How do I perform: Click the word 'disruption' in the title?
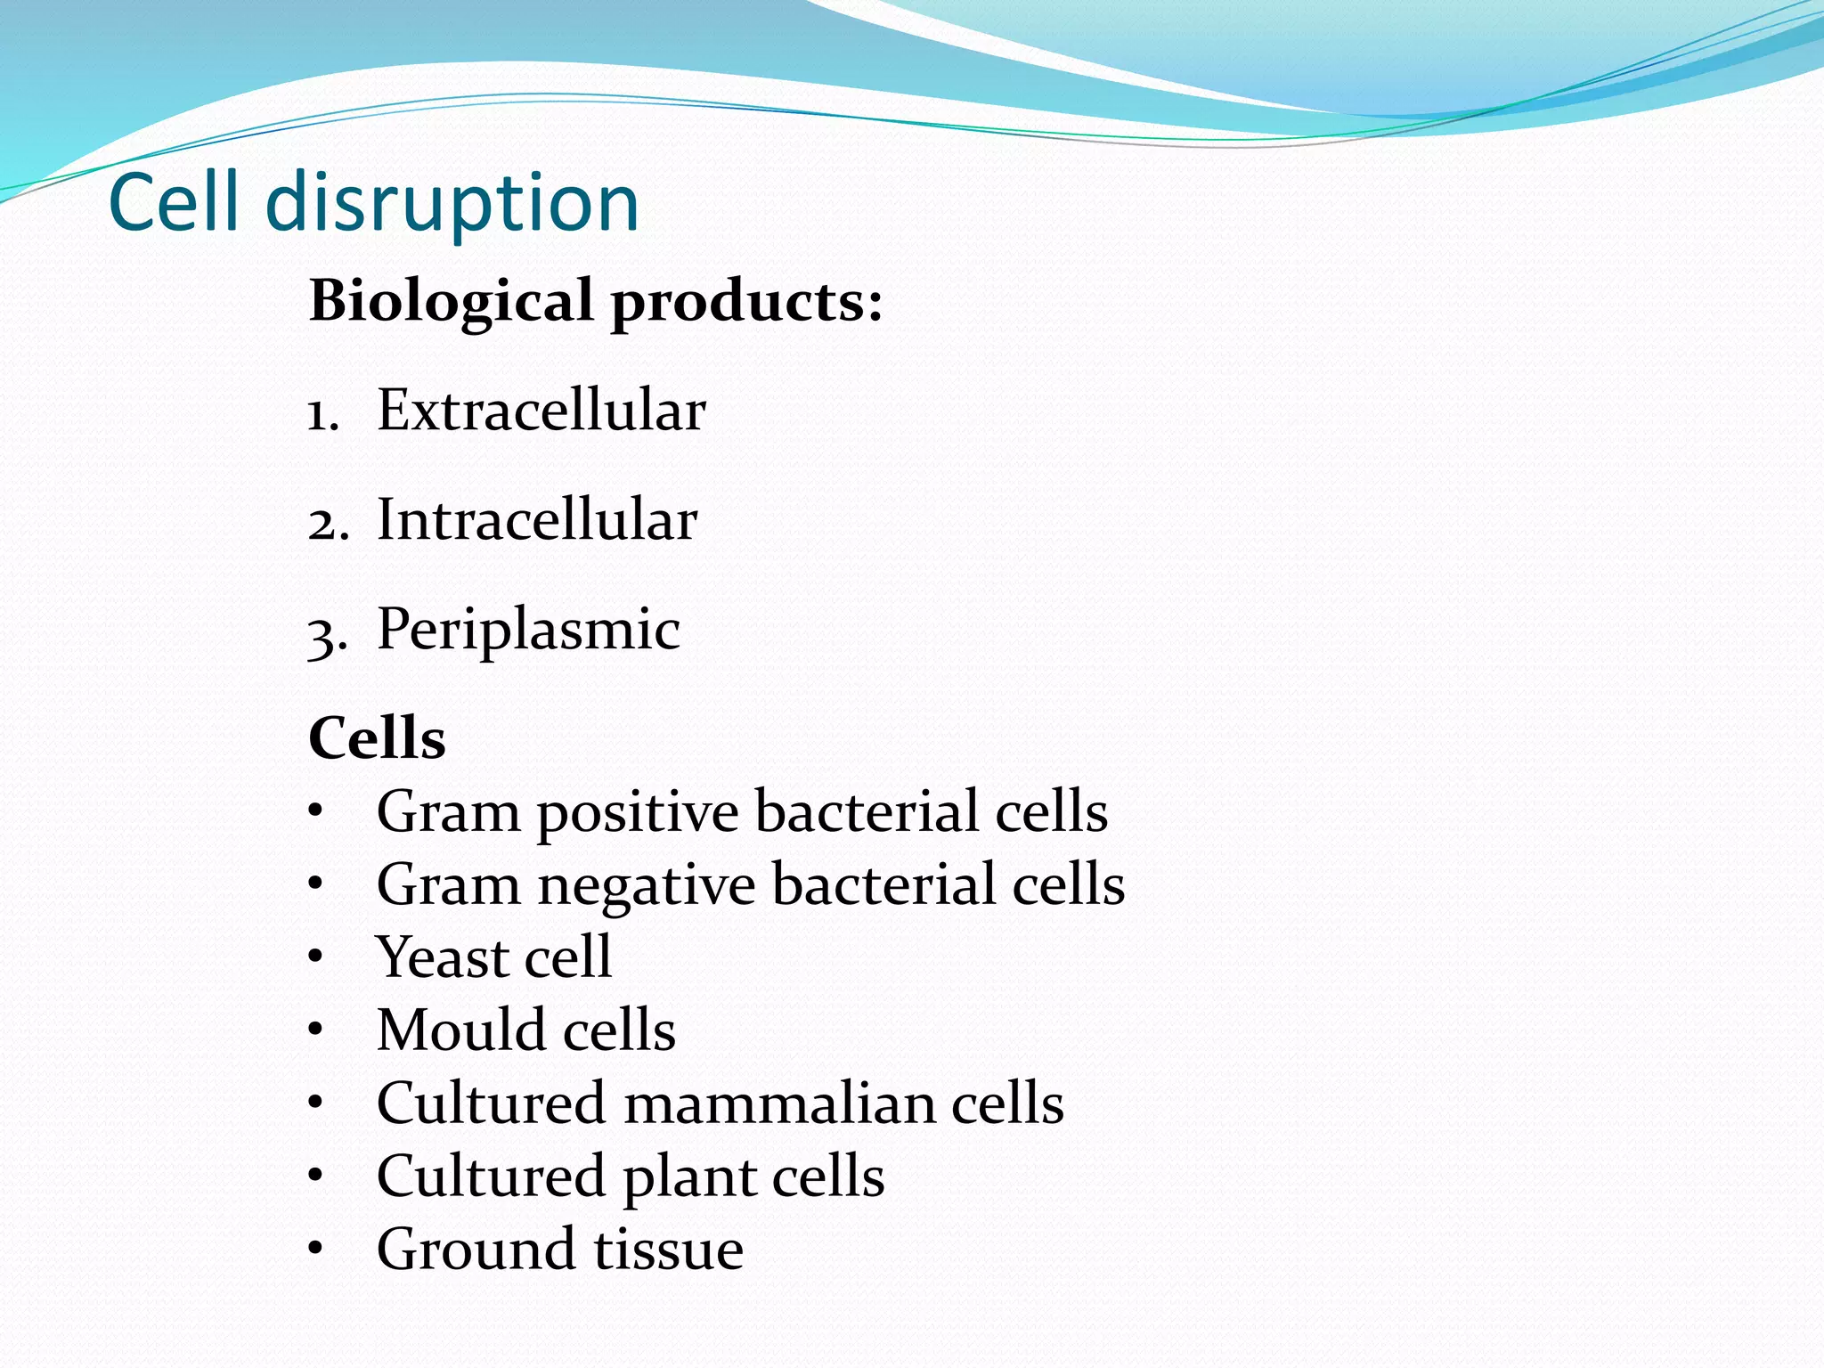click(x=452, y=203)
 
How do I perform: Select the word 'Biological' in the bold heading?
click(x=451, y=301)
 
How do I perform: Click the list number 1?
click(x=322, y=415)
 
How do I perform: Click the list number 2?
click(x=327, y=524)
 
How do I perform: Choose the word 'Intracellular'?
click(x=537, y=519)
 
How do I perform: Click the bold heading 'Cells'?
click(x=377, y=738)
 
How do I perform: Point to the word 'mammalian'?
click(x=778, y=1103)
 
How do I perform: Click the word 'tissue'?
click(x=668, y=1249)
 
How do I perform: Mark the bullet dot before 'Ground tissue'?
click(x=315, y=1249)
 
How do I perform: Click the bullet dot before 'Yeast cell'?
click(x=315, y=957)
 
